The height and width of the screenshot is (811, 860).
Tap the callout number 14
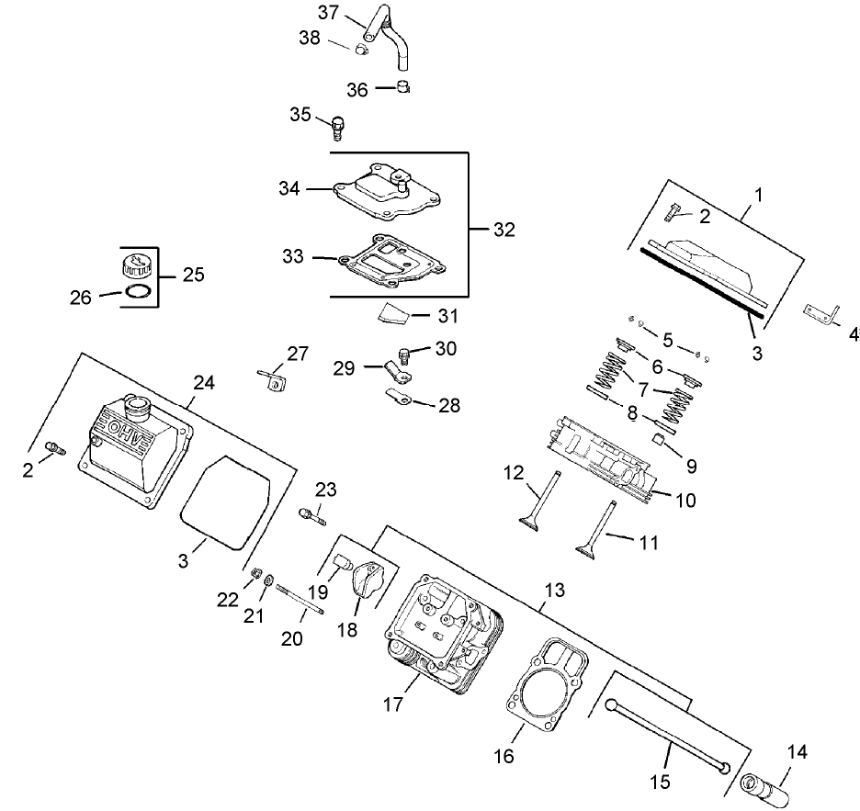tap(797, 752)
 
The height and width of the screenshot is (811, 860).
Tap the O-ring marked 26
tap(136, 292)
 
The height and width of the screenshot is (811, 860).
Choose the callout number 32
tap(504, 229)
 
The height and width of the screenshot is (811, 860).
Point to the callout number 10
tap(685, 501)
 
